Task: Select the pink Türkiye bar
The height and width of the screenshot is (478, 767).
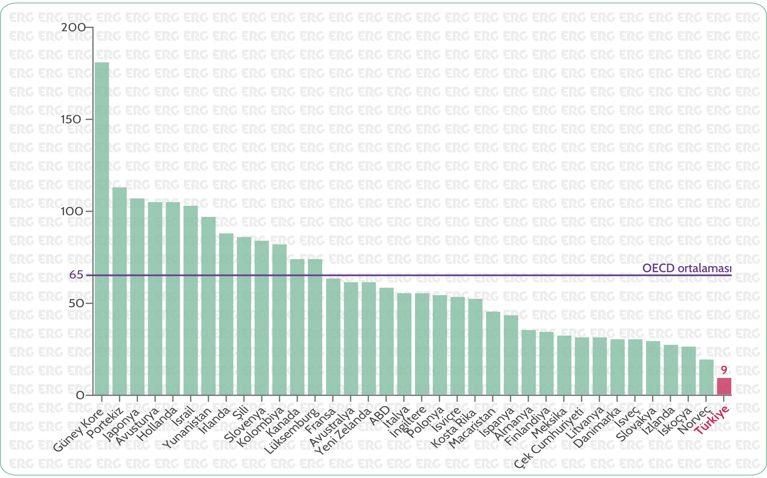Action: point(724,386)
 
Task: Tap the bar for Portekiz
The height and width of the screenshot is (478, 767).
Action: point(120,291)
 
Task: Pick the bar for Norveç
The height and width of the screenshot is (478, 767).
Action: point(706,377)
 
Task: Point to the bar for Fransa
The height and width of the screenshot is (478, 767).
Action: point(333,336)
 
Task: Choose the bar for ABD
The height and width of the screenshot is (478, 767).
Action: point(387,341)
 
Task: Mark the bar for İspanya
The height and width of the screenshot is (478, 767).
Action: point(511,355)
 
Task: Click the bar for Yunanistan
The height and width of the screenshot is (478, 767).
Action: point(208,306)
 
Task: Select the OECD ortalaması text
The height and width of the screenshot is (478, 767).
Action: point(687,268)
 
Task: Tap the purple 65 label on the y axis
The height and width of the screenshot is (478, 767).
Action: point(76,275)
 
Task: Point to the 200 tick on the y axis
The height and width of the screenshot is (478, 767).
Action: point(73,28)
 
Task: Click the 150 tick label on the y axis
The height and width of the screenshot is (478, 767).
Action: point(71,119)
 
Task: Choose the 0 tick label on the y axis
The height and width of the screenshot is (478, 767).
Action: point(80,395)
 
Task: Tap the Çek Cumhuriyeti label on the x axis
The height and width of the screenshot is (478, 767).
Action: point(549,438)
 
